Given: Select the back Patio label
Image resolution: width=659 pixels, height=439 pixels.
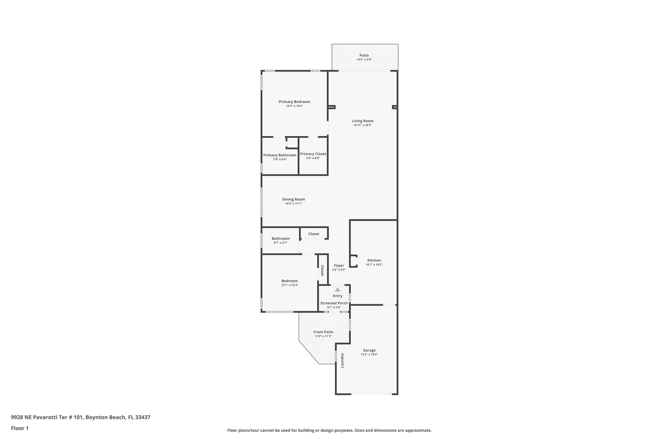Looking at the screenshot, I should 364,56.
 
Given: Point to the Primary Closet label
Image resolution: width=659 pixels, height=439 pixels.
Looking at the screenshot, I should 313,154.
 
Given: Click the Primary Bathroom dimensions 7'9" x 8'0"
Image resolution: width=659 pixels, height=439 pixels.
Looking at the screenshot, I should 280,159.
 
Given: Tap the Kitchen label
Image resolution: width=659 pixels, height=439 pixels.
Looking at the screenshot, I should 374,260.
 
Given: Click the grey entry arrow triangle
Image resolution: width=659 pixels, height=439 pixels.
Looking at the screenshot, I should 337,290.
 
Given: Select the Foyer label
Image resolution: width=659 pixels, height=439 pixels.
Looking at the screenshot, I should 339,265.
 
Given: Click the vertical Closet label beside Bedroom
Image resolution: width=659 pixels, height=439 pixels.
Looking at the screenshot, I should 322,270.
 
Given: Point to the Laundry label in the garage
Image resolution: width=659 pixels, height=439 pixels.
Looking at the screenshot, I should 342,361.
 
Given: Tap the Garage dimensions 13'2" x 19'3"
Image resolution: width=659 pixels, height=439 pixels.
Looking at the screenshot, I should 369,354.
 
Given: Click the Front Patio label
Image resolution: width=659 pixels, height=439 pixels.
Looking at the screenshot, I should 323,332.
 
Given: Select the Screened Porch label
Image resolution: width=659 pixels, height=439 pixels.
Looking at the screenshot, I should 334,303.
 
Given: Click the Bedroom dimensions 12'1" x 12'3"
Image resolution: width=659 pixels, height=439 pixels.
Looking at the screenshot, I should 290,285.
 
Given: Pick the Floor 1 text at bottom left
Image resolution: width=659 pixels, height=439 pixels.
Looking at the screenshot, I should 20,428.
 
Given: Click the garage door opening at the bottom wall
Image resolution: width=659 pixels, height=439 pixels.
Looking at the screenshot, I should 371,394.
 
